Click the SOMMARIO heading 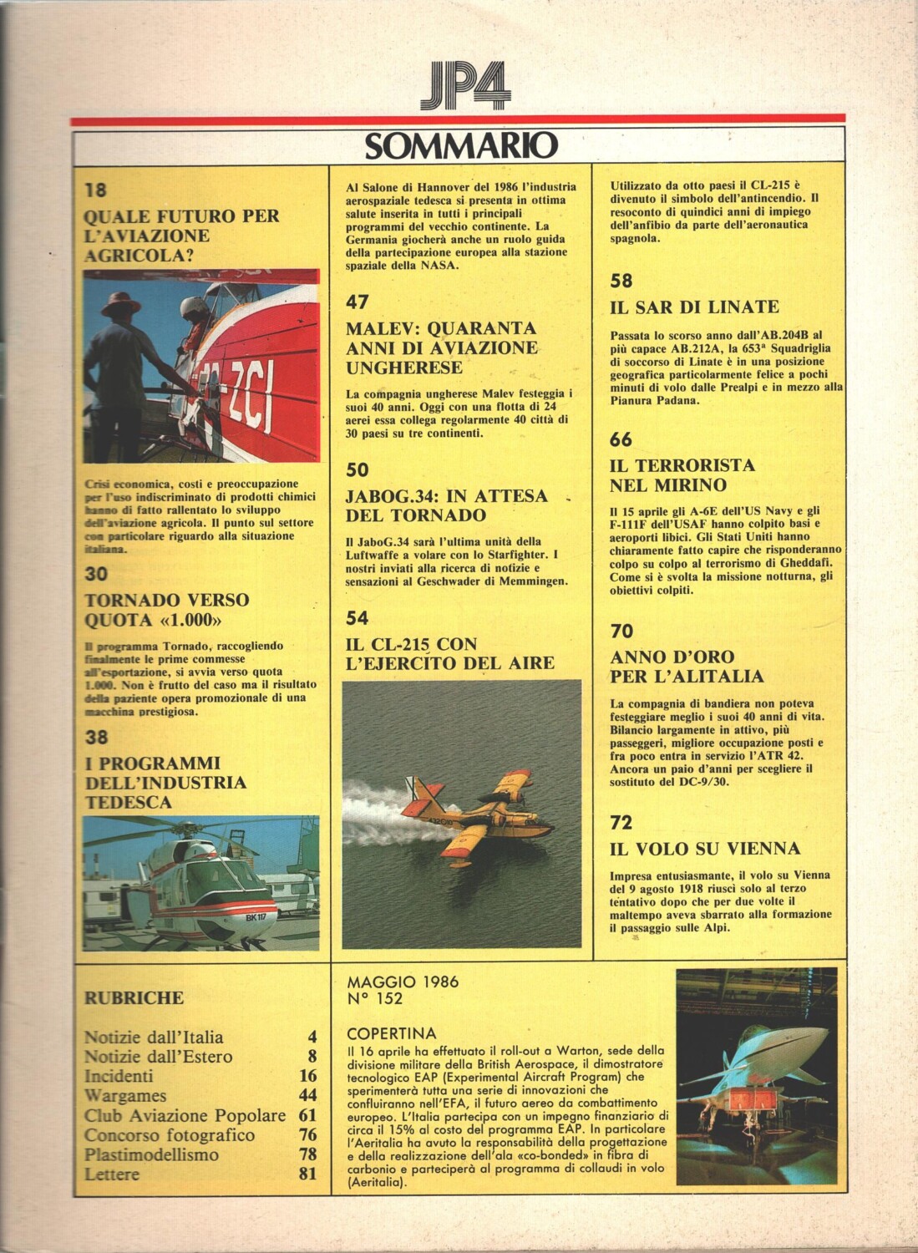tap(461, 145)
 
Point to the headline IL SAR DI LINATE tap(693, 307)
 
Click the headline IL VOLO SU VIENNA tap(705, 849)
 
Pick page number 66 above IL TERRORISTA tap(621, 439)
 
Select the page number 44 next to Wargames tap(307, 1094)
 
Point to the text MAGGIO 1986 tap(403, 982)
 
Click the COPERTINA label tap(391, 1032)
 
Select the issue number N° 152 tap(375, 998)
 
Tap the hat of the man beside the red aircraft tap(121, 304)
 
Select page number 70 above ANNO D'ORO tap(621, 631)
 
